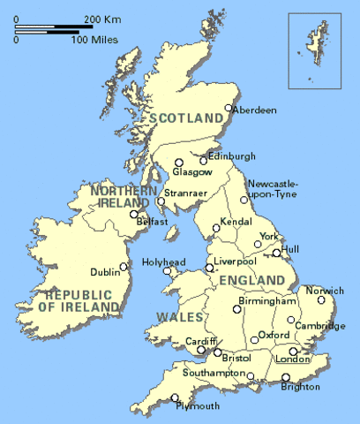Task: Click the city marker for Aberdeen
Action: (x=229, y=109)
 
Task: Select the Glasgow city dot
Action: (x=178, y=162)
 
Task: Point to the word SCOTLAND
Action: (x=187, y=117)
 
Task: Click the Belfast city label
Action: (x=153, y=222)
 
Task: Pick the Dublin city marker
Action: (x=124, y=266)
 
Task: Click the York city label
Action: (x=269, y=236)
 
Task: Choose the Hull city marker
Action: (x=276, y=254)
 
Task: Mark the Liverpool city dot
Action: (x=209, y=268)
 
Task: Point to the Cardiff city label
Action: (x=195, y=341)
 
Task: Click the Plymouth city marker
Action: (x=175, y=397)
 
